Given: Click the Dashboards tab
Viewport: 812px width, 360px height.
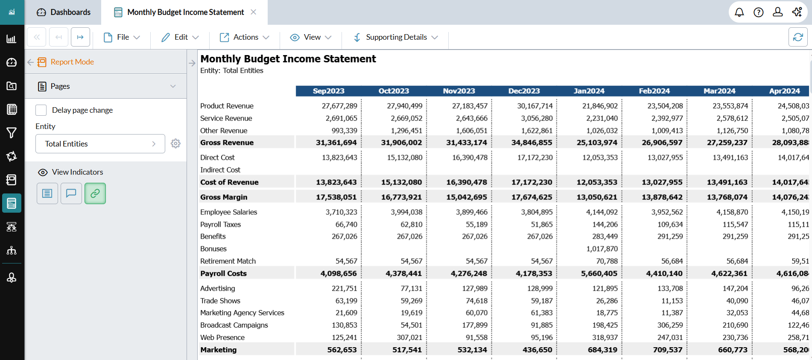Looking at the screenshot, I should pyautogui.click(x=64, y=12).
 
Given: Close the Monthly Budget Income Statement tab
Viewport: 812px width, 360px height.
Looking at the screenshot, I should pyautogui.click(x=254, y=12).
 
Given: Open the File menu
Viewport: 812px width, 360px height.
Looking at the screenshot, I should pyautogui.click(x=122, y=38).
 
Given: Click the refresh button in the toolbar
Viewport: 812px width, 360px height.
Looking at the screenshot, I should pyautogui.click(x=797, y=37).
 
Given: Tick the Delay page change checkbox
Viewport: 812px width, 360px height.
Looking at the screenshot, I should pyautogui.click(x=41, y=110).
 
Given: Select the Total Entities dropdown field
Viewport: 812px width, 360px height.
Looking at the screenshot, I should pyautogui.click(x=100, y=144).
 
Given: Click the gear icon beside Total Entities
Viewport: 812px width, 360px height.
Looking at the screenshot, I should pyautogui.click(x=175, y=143).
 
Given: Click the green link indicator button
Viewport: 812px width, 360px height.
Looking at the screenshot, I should pyautogui.click(x=95, y=193).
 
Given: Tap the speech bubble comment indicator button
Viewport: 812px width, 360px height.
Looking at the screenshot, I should pyautogui.click(x=71, y=193).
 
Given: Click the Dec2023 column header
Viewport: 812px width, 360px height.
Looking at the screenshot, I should pyautogui.click(x=524, y=91).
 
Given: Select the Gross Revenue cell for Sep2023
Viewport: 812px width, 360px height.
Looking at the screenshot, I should pyautogui.click(x=336, y=143).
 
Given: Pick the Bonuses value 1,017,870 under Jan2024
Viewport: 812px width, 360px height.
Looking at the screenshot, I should pyautogui.click(x=602, y=249).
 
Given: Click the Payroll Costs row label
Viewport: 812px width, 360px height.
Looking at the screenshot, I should pyautogui.click(x=223, y=274).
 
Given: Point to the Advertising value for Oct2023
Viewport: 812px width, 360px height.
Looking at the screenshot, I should pyautogui.click(x=411, y=289).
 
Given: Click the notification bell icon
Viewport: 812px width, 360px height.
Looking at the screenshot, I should pyautogui.click(x=739, y=12).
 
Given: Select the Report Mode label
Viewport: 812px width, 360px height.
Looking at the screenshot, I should pyautogui.click(x=72, y=62).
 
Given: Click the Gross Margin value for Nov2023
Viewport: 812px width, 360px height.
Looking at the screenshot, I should pyautogui.click(x=467, y=197).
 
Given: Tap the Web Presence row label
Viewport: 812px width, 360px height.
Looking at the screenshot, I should pyautogui.click(x=222, y=338).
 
